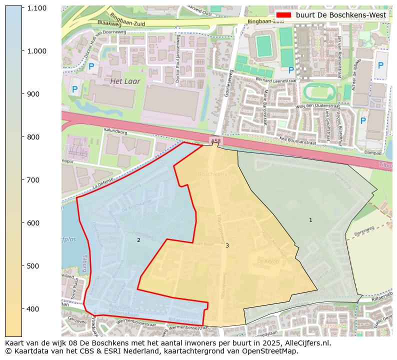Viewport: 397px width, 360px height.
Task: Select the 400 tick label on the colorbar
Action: (x=36, y=308)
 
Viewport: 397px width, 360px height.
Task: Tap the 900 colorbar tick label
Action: (x=36, y=94)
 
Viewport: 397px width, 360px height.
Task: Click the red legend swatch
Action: (x=283, y=15)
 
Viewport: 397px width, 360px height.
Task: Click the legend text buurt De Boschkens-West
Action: (x=341, y=15)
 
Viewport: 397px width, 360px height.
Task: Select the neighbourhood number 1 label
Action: (x=310, y=220)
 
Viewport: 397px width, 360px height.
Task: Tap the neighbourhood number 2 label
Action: (x=138, y=240)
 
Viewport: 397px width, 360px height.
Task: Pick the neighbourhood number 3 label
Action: (x=227, y=245)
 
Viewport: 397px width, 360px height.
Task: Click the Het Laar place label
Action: (x=125, y=81)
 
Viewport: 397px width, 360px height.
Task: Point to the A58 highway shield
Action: (x=215, y=141)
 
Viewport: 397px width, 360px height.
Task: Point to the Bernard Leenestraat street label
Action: (x=276, y=80)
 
